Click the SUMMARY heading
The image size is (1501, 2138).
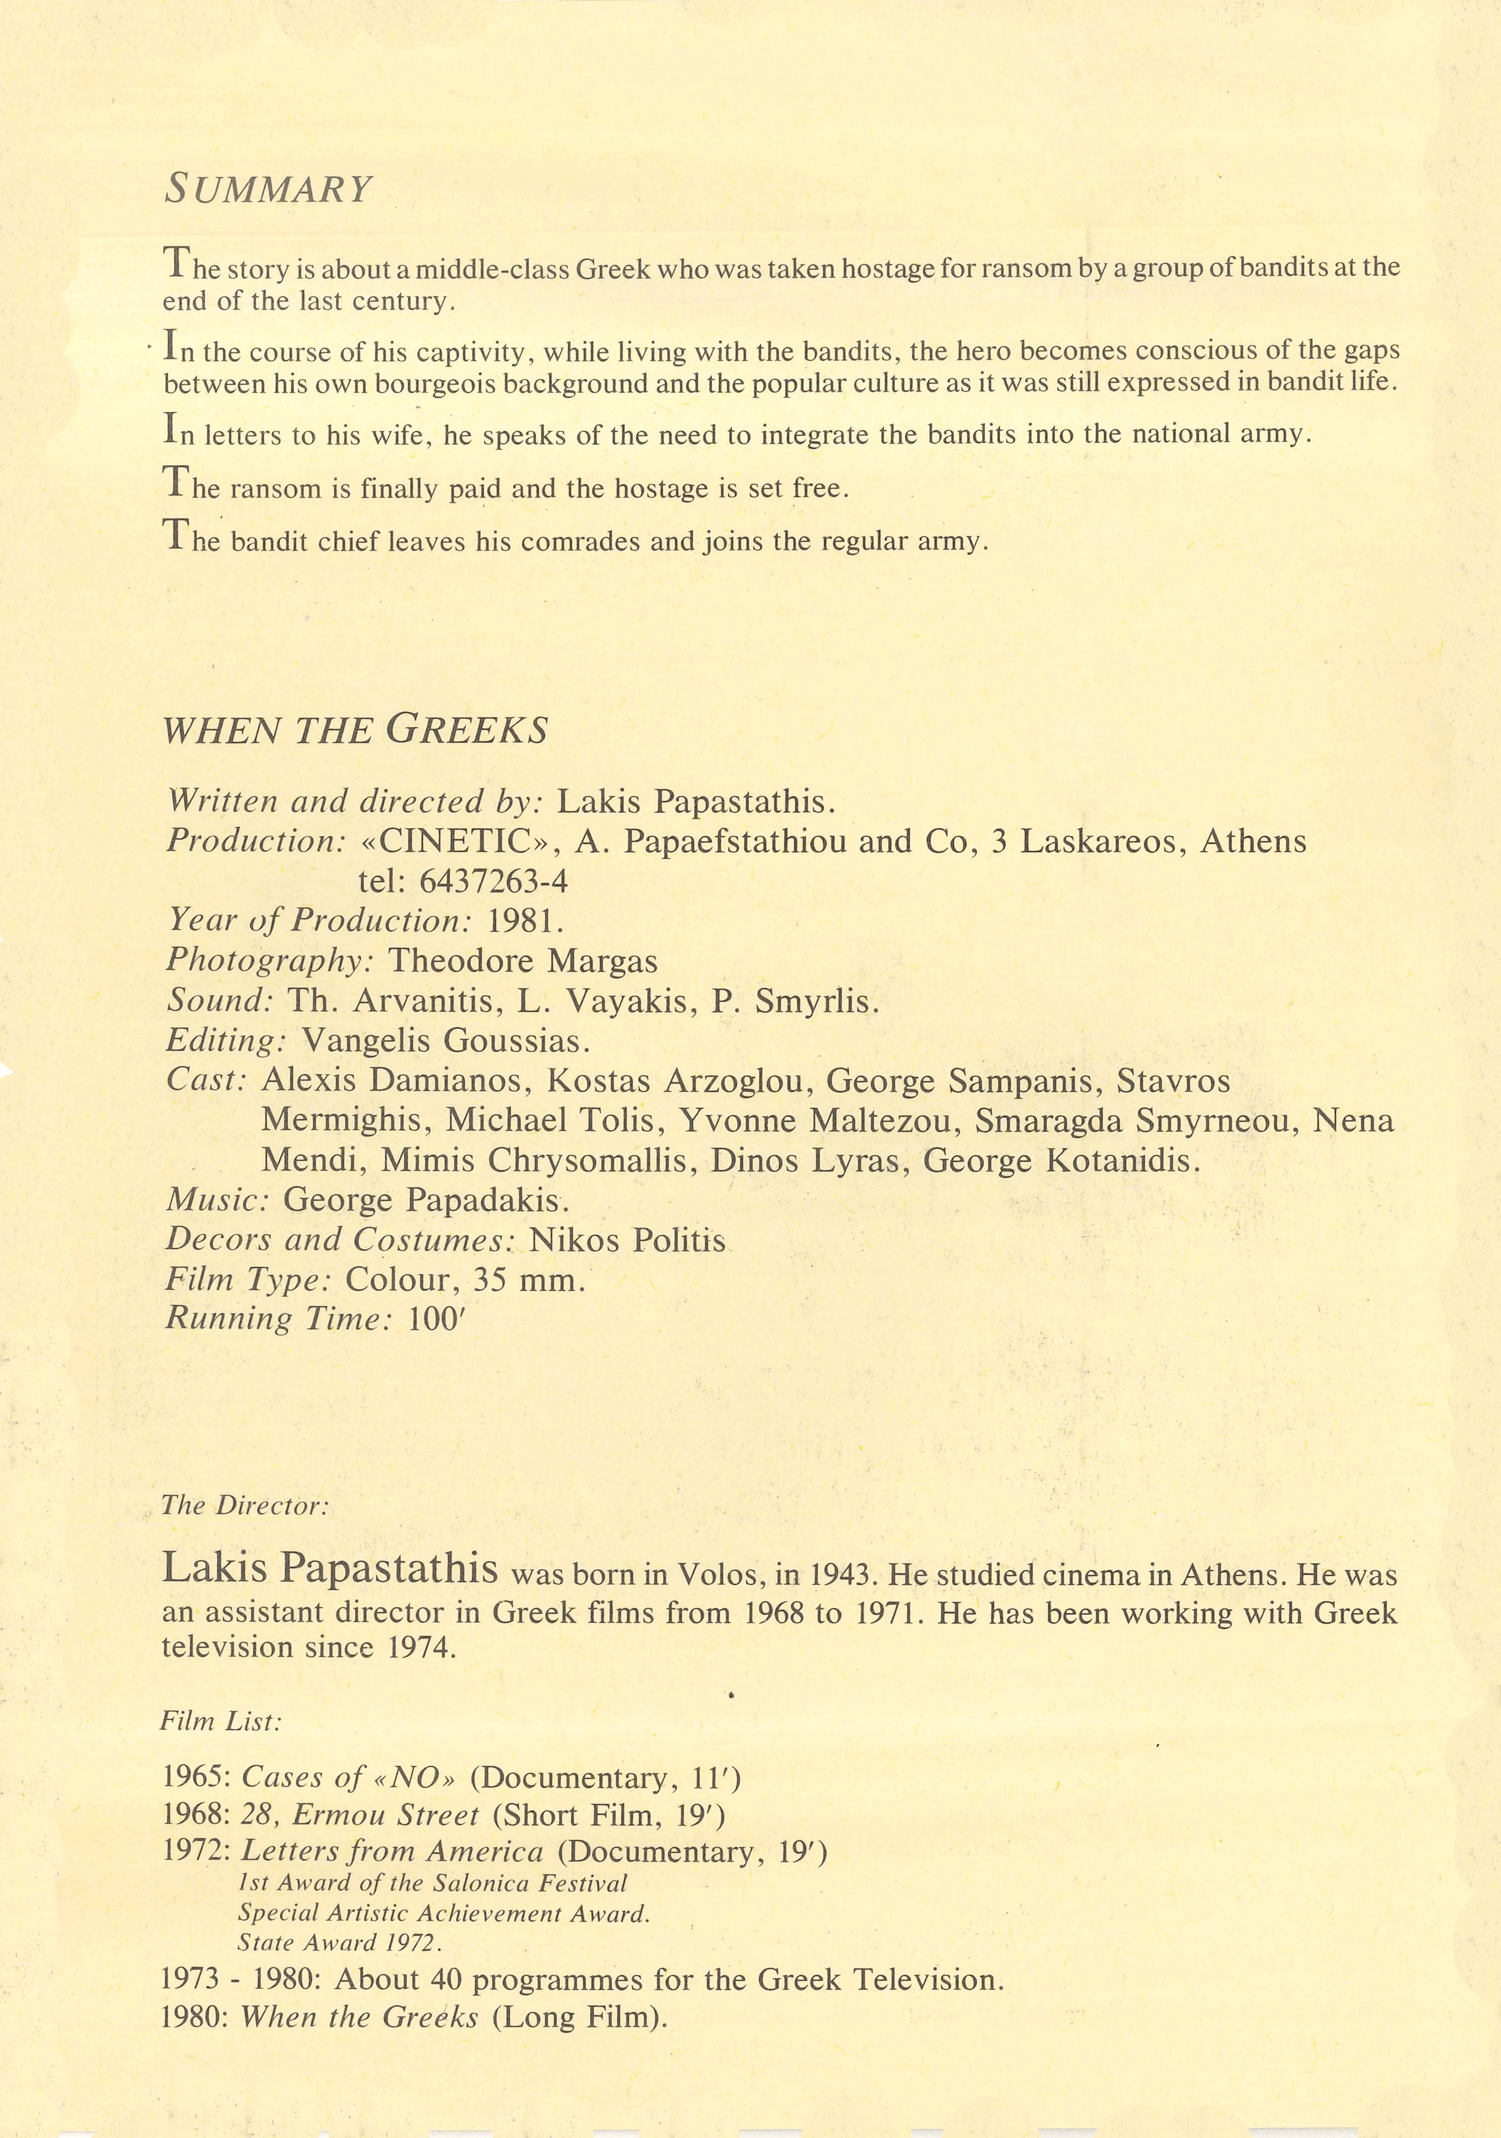pyautogui.click(x=268, y=189)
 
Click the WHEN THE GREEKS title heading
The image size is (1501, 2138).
pyautogui.click(x=356, y=729)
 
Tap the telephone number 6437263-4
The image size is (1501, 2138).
pyautogui.click(x=494, y=881)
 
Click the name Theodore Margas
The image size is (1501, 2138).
pyautogui.click(x=522, y=960)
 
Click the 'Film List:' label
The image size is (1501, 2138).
pyautogui.click(x=220, y=1721)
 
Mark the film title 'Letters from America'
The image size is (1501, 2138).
pyautogui.click(x=392, y=1852)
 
